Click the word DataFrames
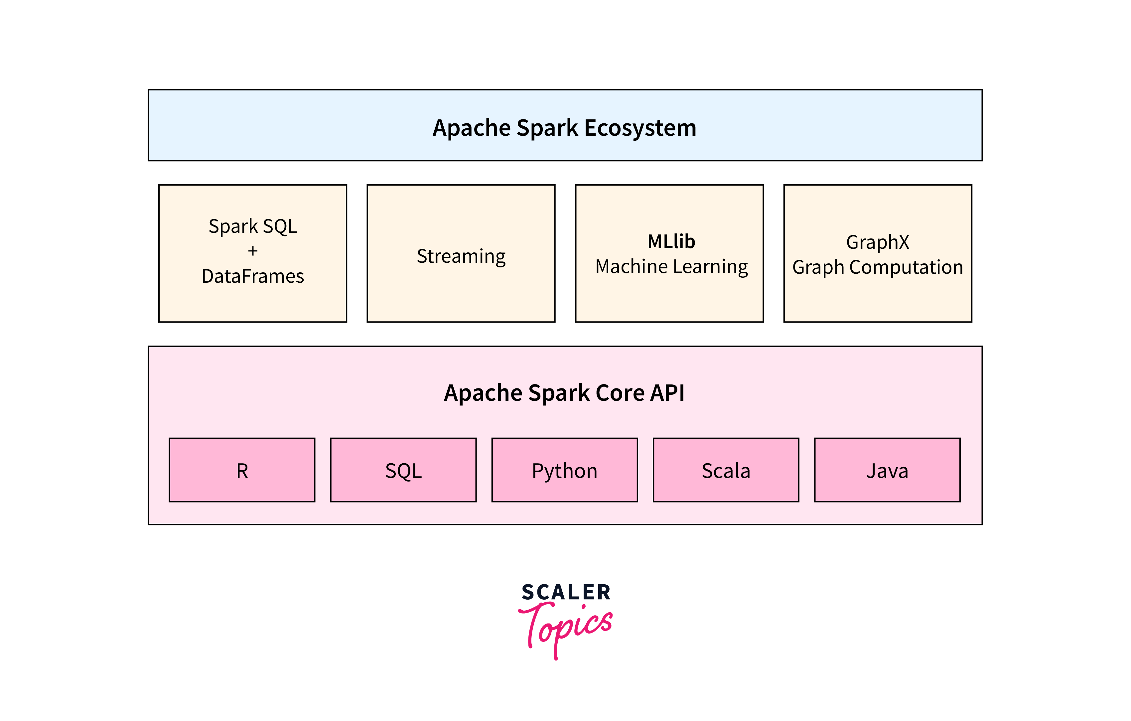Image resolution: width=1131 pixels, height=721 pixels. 253,276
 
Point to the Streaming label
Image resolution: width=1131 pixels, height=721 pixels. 461,256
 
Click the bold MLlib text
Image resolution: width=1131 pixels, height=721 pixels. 671,241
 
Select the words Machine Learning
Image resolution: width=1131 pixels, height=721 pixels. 671,267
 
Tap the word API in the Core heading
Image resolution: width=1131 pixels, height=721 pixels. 667,393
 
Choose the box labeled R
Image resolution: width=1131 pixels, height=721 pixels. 242,470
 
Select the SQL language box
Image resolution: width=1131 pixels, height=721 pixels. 403,470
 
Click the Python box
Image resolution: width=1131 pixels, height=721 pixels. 565,470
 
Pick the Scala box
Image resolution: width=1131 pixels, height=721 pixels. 726,470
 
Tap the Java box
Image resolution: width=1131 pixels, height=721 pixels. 887,470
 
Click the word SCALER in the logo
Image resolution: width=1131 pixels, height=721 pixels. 566,592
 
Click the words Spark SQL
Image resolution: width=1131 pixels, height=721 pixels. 253,226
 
